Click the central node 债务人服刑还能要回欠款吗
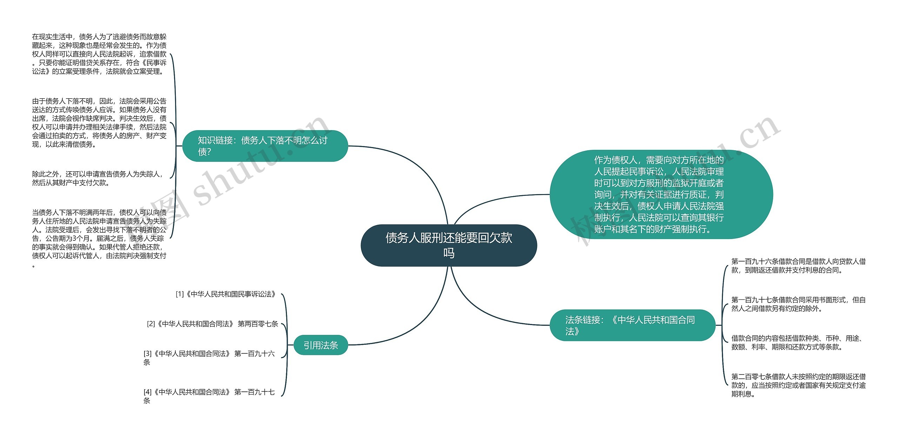pyautogui.click(x=449, y=245)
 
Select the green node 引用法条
pyautogui.click(x=321, y=345)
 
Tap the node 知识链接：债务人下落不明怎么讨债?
pyautogui.click(x=265, y=146)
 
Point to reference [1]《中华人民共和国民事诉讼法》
pyautogui.click(x=226, y=294)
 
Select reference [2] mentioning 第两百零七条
pyautogui.click(x=213, y=324)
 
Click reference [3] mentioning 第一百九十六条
pyautogui.click(x=209, y=357)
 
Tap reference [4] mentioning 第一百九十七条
pyautogui.click(x=209, y=396)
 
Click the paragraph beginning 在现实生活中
pyautogui.click(x=99, y=54)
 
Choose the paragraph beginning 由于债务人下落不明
pyautogui.click(x=99, y=123)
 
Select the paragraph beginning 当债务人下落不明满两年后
pyautogui.click(x=99, y=238)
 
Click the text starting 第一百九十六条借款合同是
pyautogui.click(x=798, y=266)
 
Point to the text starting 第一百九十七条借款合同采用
pyautogui.click(x=798, y=304)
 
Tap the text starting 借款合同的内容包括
pyautogui.click(x=798, y=343)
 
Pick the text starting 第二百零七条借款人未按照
pyautogui.click(x=798, y=385)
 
